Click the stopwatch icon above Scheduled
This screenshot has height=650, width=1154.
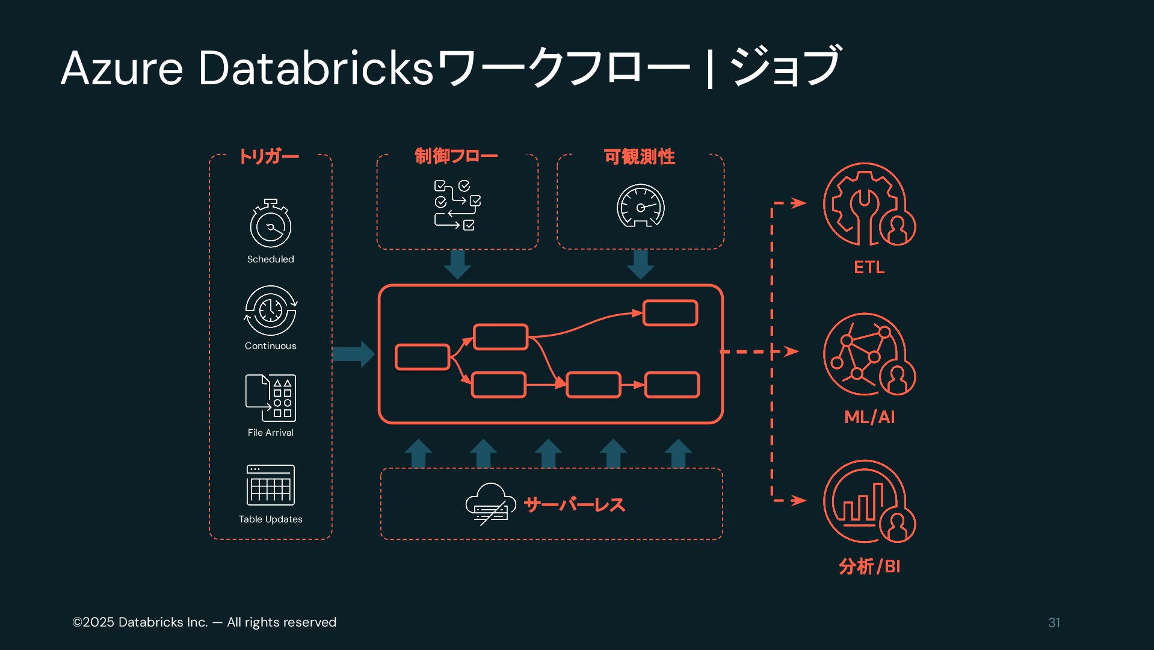271,224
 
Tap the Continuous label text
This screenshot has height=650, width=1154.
271,346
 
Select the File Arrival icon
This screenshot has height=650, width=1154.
271,398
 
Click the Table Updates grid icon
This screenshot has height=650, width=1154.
271,484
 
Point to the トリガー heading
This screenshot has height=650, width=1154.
269,156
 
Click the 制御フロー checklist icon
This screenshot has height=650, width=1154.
457,205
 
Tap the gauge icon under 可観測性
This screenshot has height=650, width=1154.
641,206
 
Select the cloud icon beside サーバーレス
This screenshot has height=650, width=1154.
490,504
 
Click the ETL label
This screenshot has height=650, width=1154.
869,267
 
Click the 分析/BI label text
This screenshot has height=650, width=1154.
869,566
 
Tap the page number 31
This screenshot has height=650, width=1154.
1054,623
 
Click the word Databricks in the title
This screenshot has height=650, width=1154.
316,68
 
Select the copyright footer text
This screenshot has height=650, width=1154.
205,622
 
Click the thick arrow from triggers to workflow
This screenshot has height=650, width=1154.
354,354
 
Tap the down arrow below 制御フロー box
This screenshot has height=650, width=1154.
457,264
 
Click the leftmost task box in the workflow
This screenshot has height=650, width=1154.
422,357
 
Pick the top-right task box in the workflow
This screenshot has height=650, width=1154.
670,313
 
